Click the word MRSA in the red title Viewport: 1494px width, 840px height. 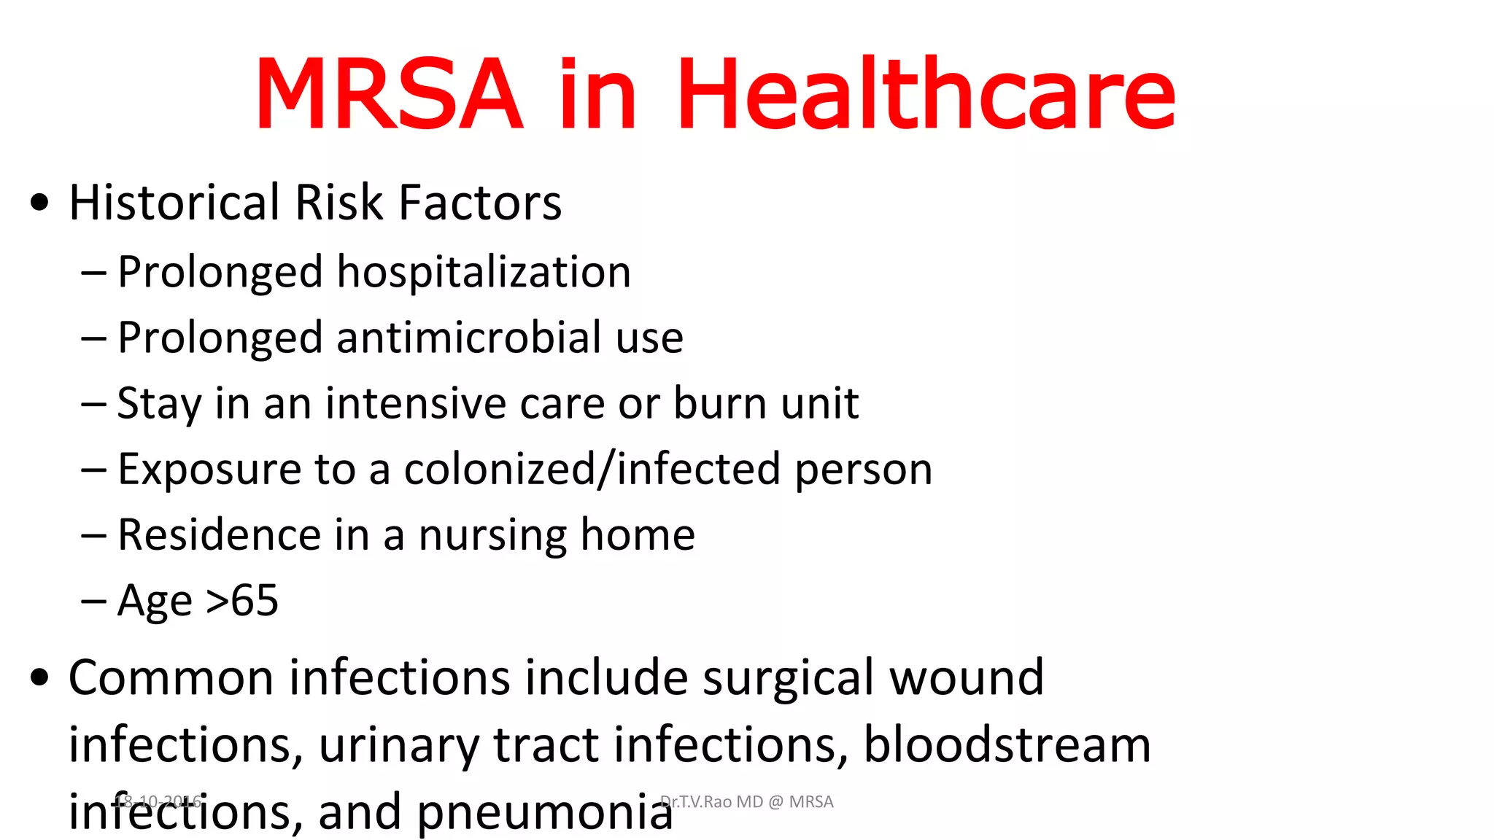pyautogui.click(x=389, y=95)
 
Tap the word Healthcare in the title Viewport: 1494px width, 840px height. pyautogui.click(x=926, y=95)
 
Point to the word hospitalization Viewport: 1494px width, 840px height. pyautogui.click(x=484, y=272)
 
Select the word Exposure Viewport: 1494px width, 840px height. pyautogui.click(x=209, y=469)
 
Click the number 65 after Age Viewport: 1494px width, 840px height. pyautogui.click(x=255, y=601)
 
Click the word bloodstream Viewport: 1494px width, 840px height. pyautogui.click(x=1007, y=744)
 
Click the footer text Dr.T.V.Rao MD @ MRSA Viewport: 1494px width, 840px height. pyautogui.click(x=746, y=802)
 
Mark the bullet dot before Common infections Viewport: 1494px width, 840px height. pyautogui.click(x=40, y=677)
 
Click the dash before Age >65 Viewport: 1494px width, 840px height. pyautogui.click(x=93, y=602)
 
